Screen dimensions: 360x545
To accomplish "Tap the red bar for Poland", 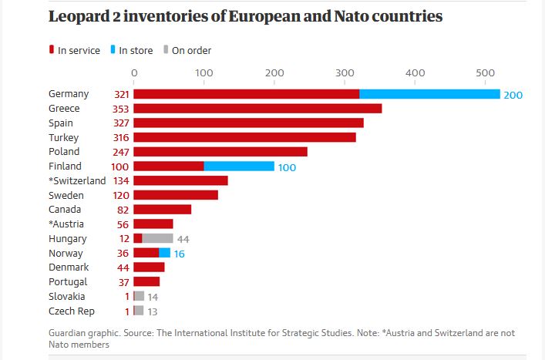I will click(x=220, y=152).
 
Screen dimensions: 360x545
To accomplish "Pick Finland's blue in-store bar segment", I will click(x=239, y=166).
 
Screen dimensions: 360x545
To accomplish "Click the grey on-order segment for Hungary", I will click(x=158, y=238).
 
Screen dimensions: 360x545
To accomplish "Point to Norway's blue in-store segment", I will click(x=164, y=253).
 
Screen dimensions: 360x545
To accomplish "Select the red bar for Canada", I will click(x=163, y=210).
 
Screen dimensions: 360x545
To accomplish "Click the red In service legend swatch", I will click(x=52, y=50).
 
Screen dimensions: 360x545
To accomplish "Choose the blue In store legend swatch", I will click(x=113, y=50).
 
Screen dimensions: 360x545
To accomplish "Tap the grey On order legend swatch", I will click(x=165, y=50).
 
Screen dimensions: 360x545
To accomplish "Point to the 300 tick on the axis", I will click(x=345, y=73).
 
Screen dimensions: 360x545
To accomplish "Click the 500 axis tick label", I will click(x=485, y=73).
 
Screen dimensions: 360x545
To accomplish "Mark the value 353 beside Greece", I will click(x=120, y=109).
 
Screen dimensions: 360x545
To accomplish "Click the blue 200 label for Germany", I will click(x=513, y=95).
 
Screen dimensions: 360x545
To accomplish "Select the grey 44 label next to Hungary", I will click(x=183, y=239).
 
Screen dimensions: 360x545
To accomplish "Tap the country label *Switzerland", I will click(x=76, y=180).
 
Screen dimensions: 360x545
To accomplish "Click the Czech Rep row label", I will click(x=70, y=311).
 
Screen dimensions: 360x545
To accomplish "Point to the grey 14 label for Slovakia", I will click(x=153, y=297).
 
